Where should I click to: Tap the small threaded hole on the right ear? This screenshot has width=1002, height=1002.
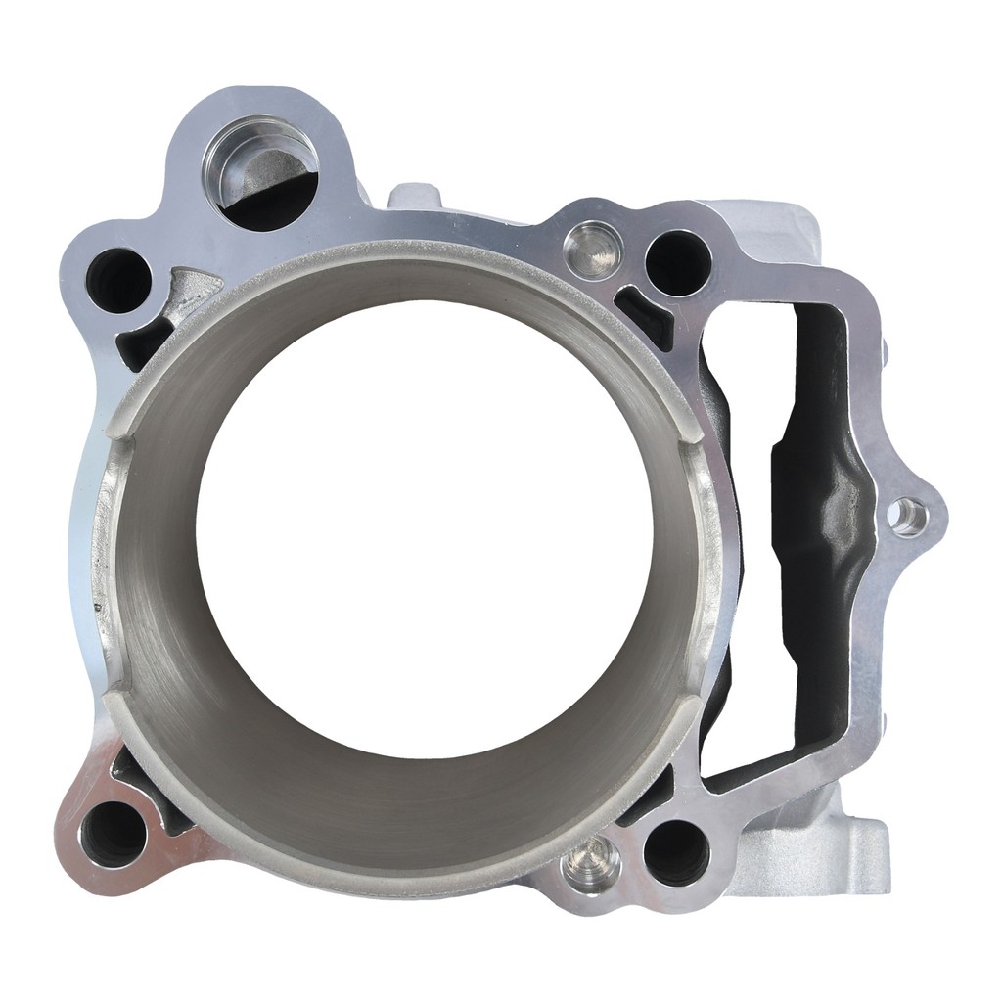908,516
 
